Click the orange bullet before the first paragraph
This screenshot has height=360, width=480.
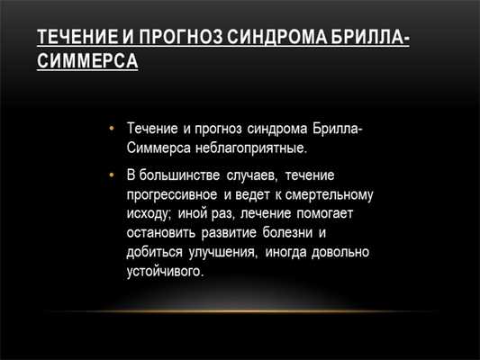[x=112, y=128]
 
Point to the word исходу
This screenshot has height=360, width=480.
[x=149, y=214]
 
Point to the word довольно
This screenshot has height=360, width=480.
[x=340, y=253]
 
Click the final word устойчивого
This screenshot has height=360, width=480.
[x=166, y=272]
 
